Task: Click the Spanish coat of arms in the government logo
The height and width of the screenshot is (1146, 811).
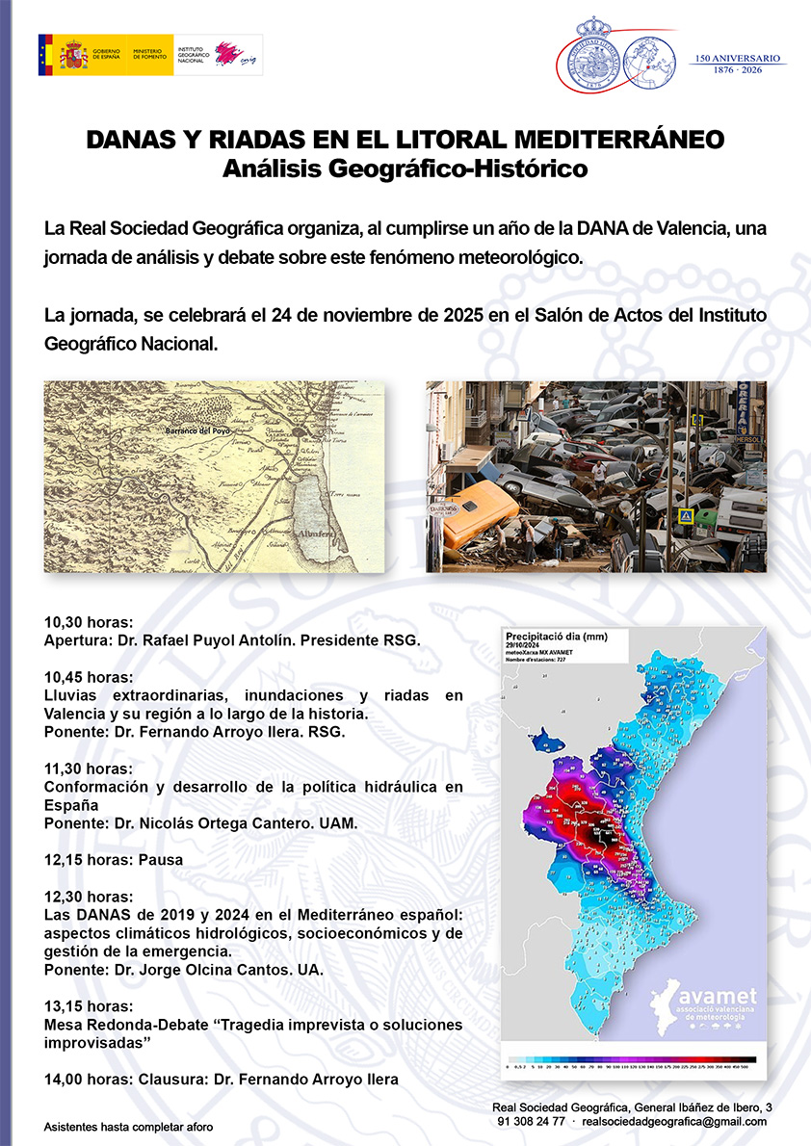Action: click(73, 55)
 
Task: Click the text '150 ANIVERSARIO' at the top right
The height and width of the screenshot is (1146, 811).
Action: click(740, 58)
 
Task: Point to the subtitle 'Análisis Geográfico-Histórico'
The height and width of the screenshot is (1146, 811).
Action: click(405, 169)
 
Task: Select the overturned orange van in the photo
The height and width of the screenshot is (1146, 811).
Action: click(479, 512)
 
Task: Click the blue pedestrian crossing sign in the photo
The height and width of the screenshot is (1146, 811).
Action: click(686, 516)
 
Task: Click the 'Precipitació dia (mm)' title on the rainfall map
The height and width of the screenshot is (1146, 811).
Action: click(554, 636)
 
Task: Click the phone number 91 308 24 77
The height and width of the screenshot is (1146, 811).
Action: click(532, 1122)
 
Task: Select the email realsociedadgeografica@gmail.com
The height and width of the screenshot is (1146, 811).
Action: click(674, 1122)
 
